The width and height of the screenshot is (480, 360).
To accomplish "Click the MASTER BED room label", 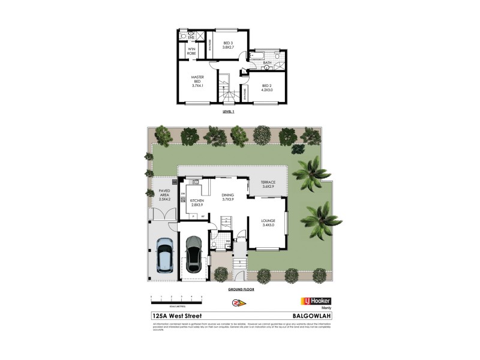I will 197,81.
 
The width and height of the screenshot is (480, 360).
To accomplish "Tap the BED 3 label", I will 227,45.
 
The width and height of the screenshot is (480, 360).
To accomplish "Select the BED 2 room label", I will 267,88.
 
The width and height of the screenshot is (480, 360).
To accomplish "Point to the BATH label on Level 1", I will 267,62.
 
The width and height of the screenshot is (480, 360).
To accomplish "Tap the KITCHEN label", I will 197,203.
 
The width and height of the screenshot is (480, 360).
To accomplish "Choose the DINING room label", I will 227,197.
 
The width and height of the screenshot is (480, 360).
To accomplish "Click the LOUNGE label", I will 268,223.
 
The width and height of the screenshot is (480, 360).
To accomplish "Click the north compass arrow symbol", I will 238,302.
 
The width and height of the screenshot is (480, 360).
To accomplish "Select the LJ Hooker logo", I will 315,301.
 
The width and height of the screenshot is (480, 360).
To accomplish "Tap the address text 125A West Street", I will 178,316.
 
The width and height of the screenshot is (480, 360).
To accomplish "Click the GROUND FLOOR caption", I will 240,289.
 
